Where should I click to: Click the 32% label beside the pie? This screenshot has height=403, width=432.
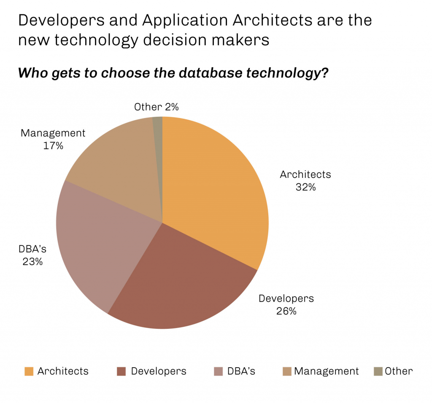coord(305,187)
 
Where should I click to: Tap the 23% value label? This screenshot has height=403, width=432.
coord(32,261)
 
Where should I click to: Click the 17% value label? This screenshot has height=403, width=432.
coord(53,146)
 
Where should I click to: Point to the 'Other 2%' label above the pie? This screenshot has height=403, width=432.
coord(156,107)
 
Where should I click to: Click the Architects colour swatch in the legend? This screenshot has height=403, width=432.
coord(29,371)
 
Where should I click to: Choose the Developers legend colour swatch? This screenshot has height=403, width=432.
coord(121,371)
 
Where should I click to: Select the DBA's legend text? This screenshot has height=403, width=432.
coord(241,371)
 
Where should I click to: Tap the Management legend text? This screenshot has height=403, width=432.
coord(327,371)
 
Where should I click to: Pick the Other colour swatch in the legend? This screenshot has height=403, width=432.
coord(378,371)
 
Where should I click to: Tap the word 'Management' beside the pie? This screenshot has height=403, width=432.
coord(53,134)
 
